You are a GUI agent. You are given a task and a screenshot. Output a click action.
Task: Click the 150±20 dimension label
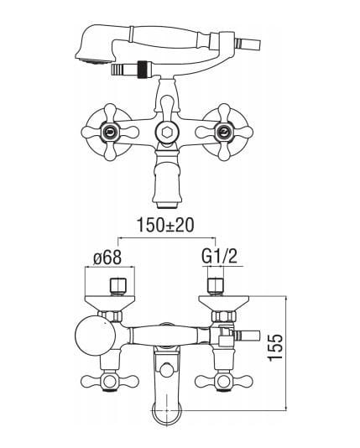tap(165, 225)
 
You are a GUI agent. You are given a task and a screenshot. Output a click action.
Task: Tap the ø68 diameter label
tap(107, 258)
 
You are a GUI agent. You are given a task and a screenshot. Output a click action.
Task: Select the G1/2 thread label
tap(219, 256)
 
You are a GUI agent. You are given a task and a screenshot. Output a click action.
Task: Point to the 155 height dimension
tap(276, 346)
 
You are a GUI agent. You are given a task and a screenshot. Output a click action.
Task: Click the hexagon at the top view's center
tap(166, 132)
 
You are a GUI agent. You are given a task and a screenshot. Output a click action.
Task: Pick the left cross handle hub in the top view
tap(110, 132)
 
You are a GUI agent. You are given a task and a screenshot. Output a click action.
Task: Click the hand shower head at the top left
tap(96, 45)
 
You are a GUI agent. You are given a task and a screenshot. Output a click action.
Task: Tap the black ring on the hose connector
tap(142, 70)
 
